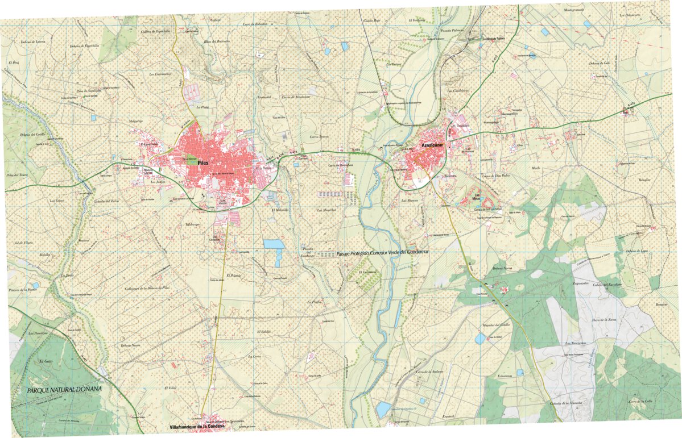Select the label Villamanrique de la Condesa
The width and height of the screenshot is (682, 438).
pos(198,426)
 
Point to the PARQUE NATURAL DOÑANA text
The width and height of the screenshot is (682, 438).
pos(64,390)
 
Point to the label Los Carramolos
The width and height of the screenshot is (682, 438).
pos(160,74)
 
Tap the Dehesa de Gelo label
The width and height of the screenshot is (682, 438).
pos(600,62)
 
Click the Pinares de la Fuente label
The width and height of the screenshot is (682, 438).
pos(23,290)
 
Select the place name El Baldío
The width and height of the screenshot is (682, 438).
pos(264,331)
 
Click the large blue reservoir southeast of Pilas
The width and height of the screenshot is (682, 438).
pos(274,244)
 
